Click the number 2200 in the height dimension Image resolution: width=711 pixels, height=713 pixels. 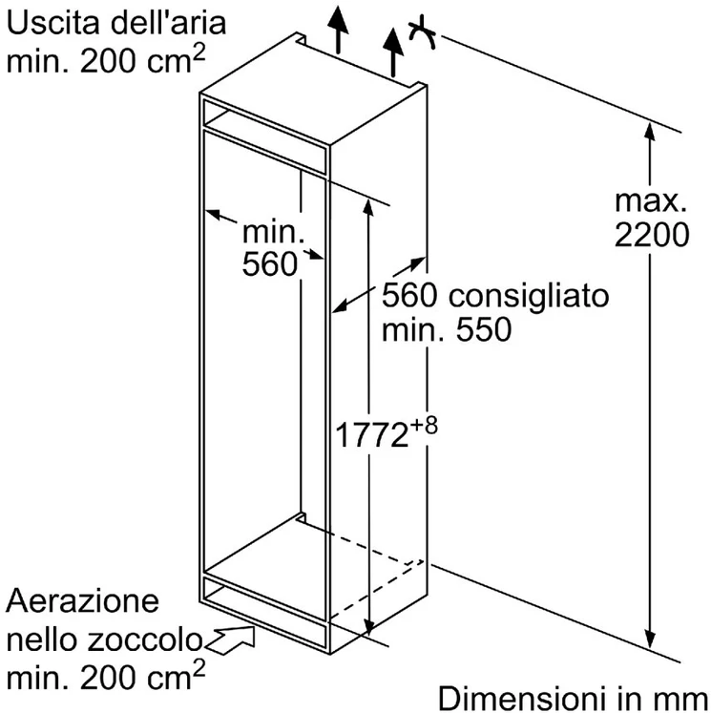tap(652, 235)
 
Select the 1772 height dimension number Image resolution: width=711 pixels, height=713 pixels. tap(371, 435)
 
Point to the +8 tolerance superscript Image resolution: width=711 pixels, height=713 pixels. tap(424, 426)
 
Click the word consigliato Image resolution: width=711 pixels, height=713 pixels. tap(529, 296)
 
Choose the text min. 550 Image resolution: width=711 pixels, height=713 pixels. tap(447, 329)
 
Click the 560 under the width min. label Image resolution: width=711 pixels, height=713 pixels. tap(269, 263)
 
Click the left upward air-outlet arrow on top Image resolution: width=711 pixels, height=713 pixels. tap(338, 29)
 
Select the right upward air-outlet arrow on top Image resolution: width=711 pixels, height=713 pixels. tap(393, 52)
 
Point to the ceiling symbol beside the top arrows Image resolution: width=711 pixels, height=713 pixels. tap(423, 31)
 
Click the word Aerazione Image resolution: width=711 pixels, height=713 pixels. tap(82, 601)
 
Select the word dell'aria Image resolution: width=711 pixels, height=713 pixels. tap(168, 23)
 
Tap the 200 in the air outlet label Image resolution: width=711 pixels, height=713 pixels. tap(108, 60)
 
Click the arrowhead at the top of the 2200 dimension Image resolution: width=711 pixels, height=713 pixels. tap(650, 133)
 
